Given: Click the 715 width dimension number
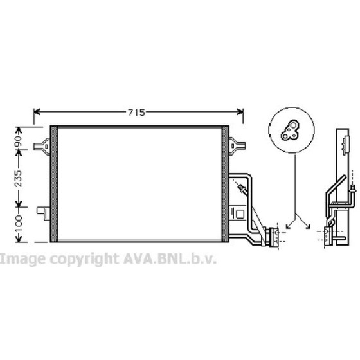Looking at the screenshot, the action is tap(136, 113).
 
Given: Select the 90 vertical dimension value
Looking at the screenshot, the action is tap(18, 141).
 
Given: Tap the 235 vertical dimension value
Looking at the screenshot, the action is tap(18, 179).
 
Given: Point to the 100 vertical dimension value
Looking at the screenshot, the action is tap(18, 223).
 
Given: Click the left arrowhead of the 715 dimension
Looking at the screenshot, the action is tap(37, 112).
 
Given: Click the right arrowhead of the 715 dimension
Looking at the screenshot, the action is tap(240, 112).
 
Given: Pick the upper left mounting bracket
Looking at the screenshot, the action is tap(42, 146).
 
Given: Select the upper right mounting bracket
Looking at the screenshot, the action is tap(237, 145).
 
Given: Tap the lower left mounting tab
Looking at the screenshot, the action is tap(44, 213).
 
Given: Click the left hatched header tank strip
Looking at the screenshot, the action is tap(54, 184).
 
